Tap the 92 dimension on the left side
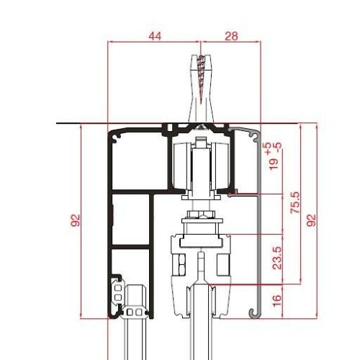(76, 220)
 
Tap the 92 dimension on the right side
(311, 220)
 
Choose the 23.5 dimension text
(277, 258)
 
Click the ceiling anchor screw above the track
(201, 79)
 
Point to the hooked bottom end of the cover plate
(253, 312)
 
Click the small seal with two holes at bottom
(135, 313)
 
